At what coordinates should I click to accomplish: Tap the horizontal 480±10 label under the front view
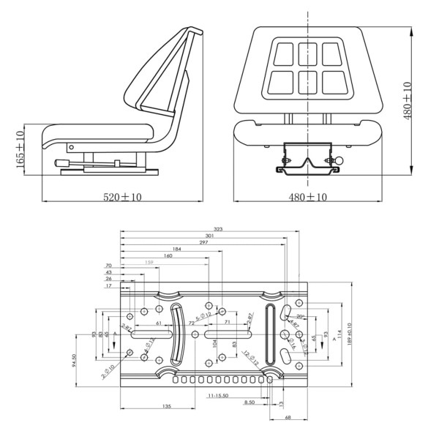tap(307, 197)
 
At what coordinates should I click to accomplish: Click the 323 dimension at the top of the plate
tap(218, 229)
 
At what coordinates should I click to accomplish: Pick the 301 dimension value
tap(210, 236)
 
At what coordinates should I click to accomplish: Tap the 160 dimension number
tap(168, 256)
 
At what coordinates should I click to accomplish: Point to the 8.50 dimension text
tap(250, 402)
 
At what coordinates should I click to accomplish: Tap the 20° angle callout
tap(300, 316)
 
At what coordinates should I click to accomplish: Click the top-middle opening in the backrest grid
tap(306, 52)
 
